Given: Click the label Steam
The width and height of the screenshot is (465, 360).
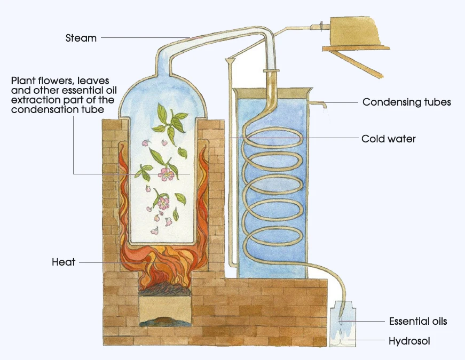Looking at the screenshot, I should point(81,38).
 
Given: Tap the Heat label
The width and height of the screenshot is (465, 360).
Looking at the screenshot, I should point(64,262).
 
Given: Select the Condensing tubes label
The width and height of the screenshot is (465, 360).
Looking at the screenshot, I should point(407,102).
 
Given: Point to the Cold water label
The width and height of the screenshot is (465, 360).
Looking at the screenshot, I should point(389,139).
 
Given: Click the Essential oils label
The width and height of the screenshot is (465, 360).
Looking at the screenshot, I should point(417,321).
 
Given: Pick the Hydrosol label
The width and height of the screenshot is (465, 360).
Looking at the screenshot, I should point(409,341).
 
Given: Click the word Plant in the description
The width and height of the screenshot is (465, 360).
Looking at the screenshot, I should point(22,81).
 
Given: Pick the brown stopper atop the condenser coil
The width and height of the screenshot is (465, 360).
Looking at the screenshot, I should point(272,71).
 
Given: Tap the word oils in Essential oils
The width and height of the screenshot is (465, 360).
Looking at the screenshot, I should point(437,321).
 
